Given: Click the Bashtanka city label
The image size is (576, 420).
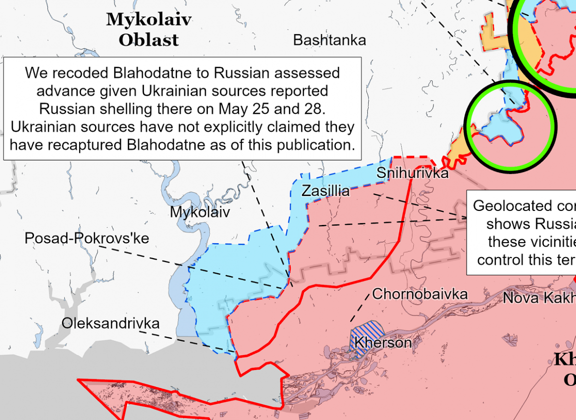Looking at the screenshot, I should [329, 40].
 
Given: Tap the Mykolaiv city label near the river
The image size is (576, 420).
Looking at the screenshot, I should [200, 212].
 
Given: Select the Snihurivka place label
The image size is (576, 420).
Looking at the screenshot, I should [412, 173].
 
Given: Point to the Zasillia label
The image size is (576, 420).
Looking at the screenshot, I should [325, 191].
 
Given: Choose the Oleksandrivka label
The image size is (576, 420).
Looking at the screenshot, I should [110, 323].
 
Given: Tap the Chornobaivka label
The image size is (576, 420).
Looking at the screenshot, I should [420, 294].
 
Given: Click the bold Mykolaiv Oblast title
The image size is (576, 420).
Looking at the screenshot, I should [149, 29].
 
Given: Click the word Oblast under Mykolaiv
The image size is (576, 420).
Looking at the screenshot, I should [149, 40].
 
